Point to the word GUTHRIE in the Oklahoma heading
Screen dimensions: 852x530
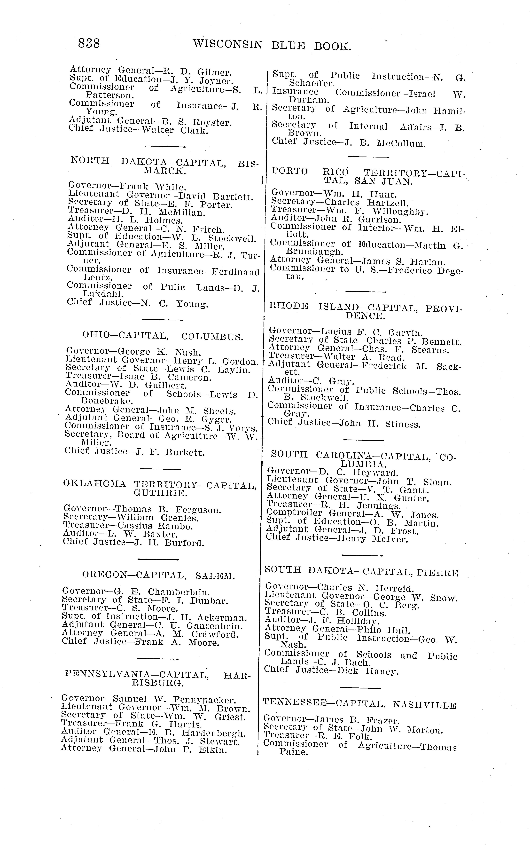(160, 494)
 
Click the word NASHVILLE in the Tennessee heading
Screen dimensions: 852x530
(425, 705)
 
